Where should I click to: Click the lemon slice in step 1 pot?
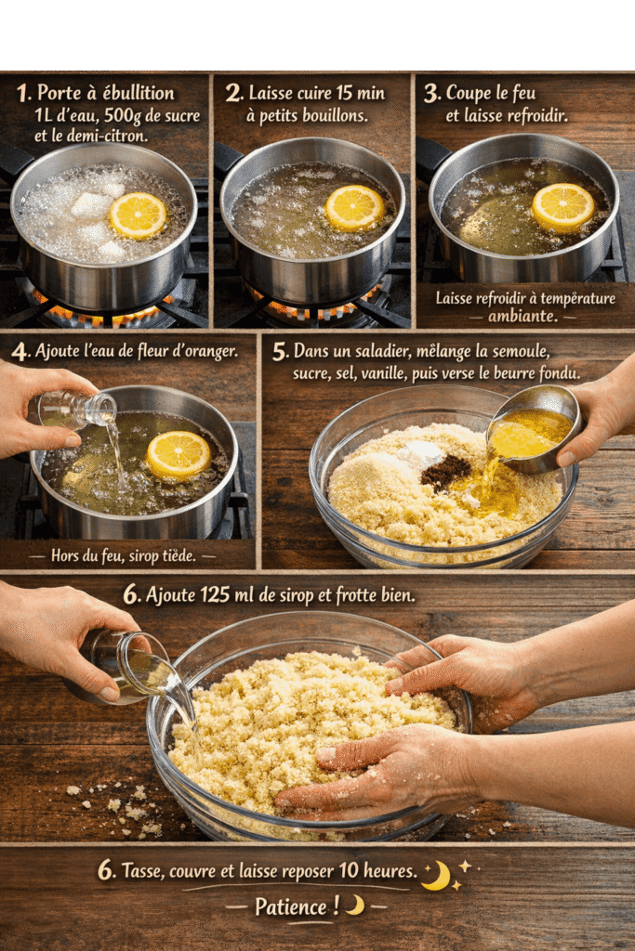138,215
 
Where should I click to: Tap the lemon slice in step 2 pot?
354,208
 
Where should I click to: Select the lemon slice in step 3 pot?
563,207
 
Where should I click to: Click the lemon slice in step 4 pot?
179,455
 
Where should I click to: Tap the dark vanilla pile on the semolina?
445,471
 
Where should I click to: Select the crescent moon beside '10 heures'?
437,876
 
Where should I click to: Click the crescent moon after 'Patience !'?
356,905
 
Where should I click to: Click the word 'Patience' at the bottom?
291,906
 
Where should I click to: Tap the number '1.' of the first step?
23,94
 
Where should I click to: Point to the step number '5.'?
280,351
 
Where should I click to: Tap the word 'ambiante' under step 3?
523,316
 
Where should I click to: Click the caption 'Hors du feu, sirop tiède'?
124,555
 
